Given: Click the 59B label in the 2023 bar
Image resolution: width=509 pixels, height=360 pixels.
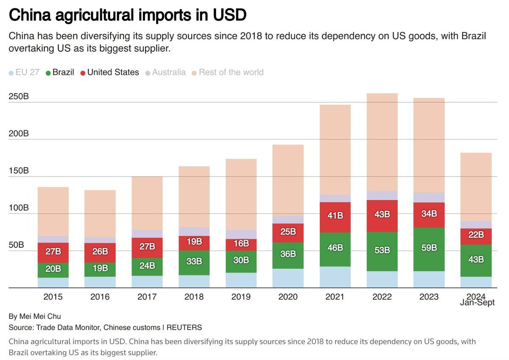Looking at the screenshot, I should point(429,247).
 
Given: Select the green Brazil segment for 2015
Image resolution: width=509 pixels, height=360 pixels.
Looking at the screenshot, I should point(53,269).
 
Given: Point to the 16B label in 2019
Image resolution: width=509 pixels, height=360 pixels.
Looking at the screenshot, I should point(241,244).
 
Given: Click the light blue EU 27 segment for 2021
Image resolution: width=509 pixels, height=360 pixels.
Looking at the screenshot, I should point(335,277).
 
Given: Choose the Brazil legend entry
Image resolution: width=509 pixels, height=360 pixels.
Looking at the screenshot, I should point(63,72).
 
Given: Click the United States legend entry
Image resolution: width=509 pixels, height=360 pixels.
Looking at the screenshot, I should point(113,72).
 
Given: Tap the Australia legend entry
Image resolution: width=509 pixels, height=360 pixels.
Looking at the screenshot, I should point(168,72).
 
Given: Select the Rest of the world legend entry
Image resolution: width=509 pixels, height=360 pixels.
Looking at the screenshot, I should point(231,72).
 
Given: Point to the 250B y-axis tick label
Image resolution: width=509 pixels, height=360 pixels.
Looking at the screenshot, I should point(19,96).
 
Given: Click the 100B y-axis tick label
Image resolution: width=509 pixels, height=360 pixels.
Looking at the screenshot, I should point(19,208).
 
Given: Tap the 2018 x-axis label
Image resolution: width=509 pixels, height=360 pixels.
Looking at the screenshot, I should point(194,297).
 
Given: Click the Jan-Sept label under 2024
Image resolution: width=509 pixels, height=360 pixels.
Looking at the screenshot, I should point(477,303).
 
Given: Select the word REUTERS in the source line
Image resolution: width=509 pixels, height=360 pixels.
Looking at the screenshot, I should point(184,327).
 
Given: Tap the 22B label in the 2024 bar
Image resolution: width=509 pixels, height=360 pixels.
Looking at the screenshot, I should point(475,235).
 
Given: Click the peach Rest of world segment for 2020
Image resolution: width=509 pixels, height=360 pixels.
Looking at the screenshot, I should point(288,178).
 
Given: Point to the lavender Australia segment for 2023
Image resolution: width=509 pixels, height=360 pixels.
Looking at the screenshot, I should point(429,197).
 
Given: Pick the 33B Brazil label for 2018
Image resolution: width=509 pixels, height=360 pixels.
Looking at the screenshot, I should point(194,261).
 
